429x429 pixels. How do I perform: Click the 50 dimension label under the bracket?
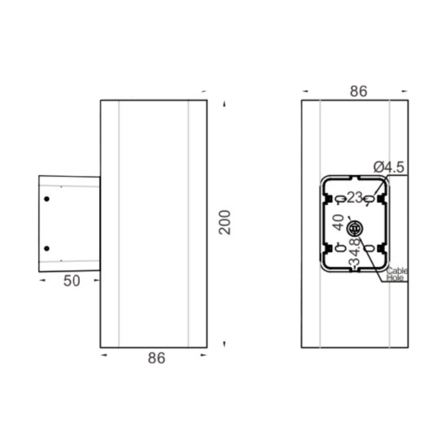pos(72,281)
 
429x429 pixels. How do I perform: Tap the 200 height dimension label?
pos(225,222)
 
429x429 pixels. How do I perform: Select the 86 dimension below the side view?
pos(157,358)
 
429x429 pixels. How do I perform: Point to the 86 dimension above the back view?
pos(359,91)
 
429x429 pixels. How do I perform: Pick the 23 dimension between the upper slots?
pos(355,197)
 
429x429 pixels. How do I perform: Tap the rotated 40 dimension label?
pos(339,222)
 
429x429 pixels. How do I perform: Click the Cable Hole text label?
pos(396,274)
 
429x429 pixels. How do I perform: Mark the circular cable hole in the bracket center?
pos(354,229)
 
